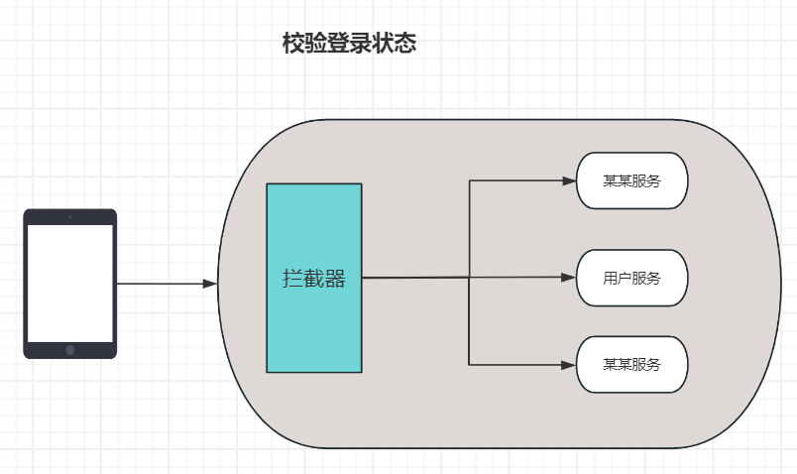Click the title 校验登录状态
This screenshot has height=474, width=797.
348,44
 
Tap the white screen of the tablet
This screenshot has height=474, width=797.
70,284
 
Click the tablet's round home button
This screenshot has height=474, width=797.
70,349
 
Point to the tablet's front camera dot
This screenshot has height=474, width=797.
70,216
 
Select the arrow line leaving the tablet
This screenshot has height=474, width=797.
159,284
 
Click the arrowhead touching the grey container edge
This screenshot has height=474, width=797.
209,284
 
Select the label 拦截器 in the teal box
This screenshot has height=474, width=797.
314,279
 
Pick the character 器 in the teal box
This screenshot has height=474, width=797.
335,279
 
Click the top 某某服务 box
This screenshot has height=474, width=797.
631,180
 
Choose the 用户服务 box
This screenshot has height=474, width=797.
631,278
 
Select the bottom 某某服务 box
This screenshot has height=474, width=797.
631,364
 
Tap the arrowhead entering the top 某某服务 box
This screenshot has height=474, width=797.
569,180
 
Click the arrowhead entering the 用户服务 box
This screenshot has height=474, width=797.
569,278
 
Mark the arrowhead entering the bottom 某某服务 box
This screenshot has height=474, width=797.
569,364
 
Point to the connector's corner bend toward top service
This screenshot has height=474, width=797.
469,180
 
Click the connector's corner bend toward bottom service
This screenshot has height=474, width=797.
469,364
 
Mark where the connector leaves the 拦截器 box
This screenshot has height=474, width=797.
364,278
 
